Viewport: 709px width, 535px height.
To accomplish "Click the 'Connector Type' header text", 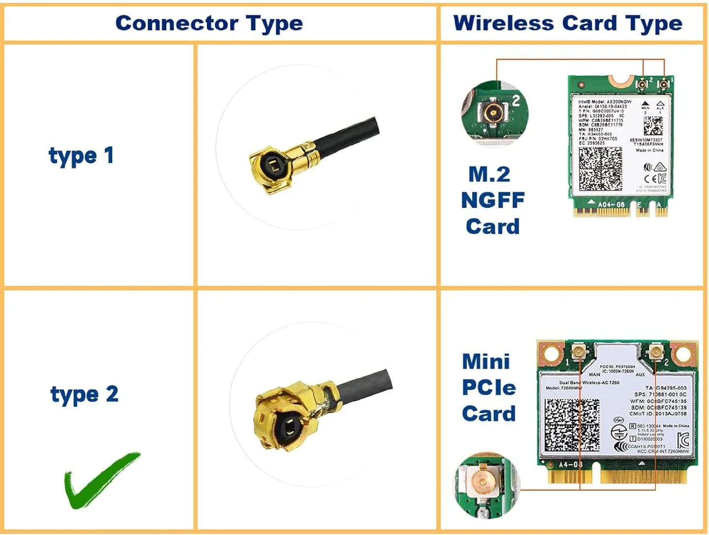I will click(209, 23).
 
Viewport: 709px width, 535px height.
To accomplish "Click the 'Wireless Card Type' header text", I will click(568, 23).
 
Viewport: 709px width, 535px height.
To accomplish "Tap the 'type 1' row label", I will click(81, 155).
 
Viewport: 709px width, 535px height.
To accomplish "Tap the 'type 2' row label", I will click(84, 394).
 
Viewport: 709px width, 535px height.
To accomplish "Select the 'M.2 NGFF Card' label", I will click(492, 200).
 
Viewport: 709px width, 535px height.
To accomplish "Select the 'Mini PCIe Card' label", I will click(488, 387).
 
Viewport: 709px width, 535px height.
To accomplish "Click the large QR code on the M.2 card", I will click(600, 169).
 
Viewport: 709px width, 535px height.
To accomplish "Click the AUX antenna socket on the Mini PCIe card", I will click(655, 352).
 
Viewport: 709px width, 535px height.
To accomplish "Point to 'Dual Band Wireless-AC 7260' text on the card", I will click(589, 382).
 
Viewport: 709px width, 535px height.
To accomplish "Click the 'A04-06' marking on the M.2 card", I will click(611, 204).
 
